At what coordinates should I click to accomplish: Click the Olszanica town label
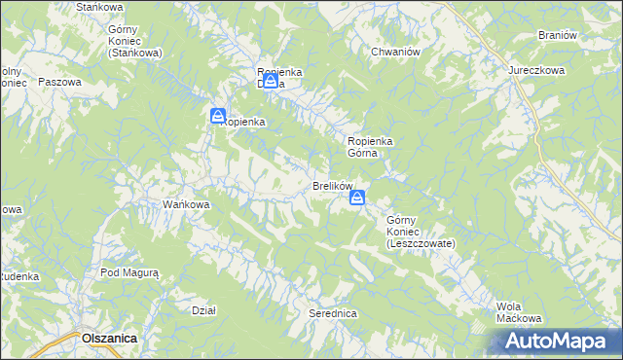[109, 337]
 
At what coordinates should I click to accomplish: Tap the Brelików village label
[332, 186]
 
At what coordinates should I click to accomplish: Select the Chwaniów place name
[394, 52]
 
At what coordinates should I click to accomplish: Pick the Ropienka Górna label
[370, 147]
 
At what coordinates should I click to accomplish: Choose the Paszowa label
[59, 82]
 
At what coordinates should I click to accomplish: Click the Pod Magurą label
[129, 273]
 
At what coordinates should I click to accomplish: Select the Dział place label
[203, 310]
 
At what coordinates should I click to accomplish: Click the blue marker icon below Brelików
[357, 198]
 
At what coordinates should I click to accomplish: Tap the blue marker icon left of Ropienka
[218, 116]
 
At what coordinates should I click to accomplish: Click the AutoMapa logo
[558, 341]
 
